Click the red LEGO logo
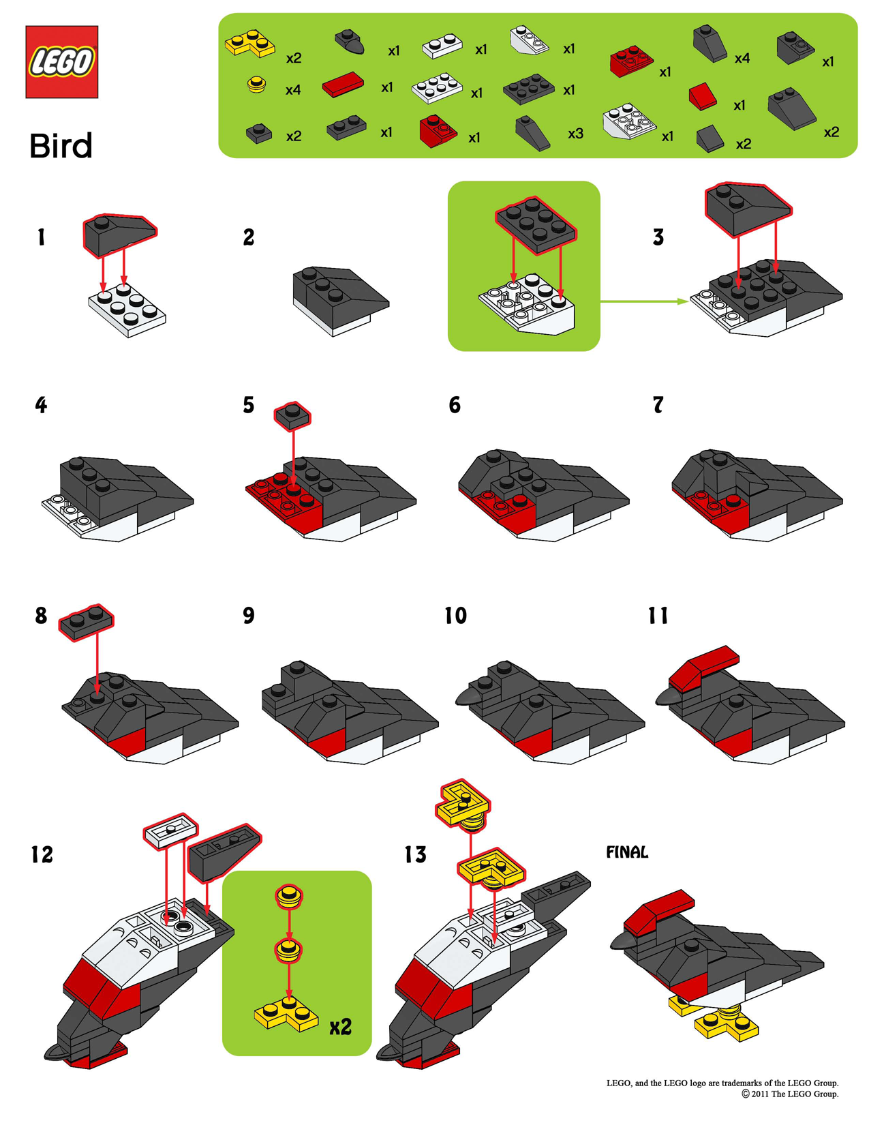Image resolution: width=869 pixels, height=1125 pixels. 61,62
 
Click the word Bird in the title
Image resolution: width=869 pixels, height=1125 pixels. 61,147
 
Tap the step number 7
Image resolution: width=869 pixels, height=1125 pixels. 658,405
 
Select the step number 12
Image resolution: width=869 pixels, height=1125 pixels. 42,854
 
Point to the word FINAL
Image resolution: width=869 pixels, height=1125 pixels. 627,852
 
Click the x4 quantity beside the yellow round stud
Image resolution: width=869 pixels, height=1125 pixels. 293,90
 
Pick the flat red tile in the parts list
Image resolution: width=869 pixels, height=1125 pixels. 343,85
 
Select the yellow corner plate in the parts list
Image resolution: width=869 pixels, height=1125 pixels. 249,43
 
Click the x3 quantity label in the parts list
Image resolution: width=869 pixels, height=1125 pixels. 575,134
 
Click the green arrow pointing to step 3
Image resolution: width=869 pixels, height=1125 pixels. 644,301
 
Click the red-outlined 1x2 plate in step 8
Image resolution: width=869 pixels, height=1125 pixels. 86,621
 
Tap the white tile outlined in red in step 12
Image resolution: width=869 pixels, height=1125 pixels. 170,830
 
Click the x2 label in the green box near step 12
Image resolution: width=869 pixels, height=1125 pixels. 340,1027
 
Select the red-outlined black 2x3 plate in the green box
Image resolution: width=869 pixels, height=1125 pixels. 536,225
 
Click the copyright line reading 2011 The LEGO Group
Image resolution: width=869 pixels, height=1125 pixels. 790,1094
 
